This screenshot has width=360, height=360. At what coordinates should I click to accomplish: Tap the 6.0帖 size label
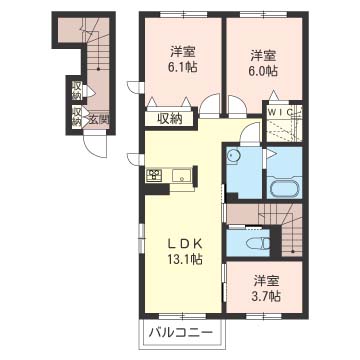[264, 71]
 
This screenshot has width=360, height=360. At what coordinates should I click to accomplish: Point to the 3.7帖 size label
[266, 298]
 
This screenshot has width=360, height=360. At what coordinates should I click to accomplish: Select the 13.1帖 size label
[185, 259]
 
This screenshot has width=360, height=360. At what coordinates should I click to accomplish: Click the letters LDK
[184, 241]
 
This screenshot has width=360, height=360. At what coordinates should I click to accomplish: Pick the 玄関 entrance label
[97, 120]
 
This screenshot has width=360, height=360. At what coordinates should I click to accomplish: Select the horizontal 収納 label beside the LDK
[169, 119]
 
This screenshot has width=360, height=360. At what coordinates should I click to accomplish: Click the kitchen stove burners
[156, 177]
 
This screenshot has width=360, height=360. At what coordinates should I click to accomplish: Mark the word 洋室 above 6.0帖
[264, 54]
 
